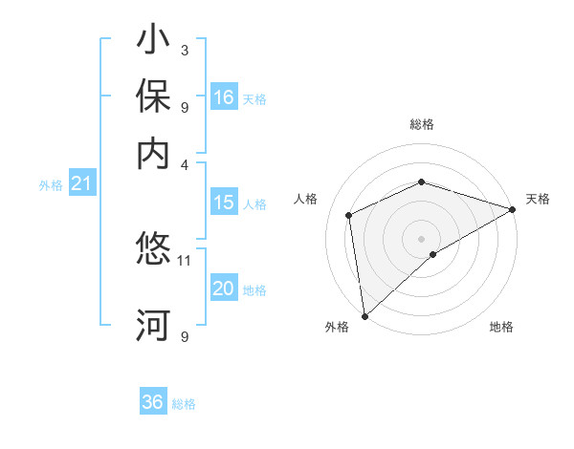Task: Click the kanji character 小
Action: (x=153, y=42)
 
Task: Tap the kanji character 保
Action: (x=153, y=98)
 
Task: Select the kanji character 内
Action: (x=153, y=154)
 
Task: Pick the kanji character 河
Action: (x=153, y=326)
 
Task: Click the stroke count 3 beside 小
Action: (x=185, y=50)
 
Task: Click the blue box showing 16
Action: (x=224, y=97)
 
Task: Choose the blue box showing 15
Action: (x=224, y=203)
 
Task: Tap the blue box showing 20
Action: (x=224, y=289)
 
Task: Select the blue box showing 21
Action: (x=81, y=184)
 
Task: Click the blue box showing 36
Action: (x=153, y=402)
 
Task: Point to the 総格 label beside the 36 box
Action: (x=184, y=404)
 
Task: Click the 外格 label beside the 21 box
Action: (x=51, y=185)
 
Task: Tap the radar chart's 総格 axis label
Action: (x=422, y=125)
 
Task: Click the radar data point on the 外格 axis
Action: (x=364, y=315)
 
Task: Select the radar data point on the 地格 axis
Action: (x=433, y=254)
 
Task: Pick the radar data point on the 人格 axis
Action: (x=349, y=215)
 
